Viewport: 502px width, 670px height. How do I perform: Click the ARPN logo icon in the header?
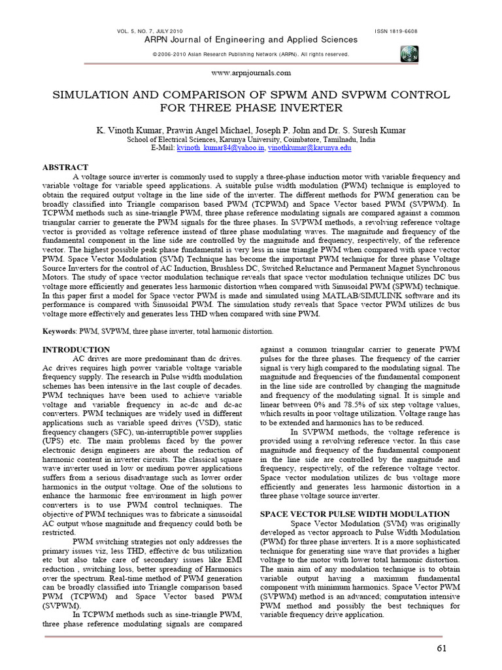pyautogui.click(x=410, y=54)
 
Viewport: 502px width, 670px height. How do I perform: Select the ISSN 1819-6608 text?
pyautogui.click(x=396, y=31)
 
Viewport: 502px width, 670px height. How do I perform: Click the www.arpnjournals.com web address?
pyautogui.click(x=251, y=73)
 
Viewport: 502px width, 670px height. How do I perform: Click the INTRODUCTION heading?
pyautogui.click(x=76, y=350)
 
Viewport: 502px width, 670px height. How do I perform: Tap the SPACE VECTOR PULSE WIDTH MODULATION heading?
pyautogui.click(x=355, y=514)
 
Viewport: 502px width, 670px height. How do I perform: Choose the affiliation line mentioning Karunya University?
pyautogui.click(x=251, y=140)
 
